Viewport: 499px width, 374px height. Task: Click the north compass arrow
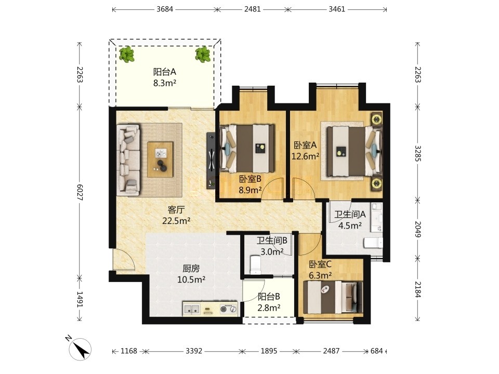[x=81, y=349]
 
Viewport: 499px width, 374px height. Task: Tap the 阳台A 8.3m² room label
[x=165, y=77]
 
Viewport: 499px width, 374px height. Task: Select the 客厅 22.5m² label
[x=176, y=215]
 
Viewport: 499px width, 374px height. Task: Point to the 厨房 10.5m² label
[x=191, y=274]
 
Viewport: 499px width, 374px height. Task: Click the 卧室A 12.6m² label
[x=306, y=151]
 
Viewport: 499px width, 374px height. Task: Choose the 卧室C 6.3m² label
[x=321, y=270]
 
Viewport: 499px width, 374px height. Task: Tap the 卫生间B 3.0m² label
[x=272, y=246]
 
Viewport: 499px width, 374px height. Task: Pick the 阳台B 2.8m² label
[x=269, y=302]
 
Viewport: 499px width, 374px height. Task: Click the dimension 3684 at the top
[x=165, y=9]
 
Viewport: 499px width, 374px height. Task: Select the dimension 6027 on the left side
[x=80, y=192]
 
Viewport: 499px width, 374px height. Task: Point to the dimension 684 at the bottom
[x=376, y=351]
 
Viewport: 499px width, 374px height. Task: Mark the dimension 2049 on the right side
[x=418, y=229]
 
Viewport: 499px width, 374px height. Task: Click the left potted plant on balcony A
[x=127, y=54]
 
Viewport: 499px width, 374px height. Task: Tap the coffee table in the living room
[x=161, y=159]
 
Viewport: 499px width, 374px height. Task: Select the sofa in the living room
[x=128, y=159]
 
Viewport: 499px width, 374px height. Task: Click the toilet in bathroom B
[x=256, y=265]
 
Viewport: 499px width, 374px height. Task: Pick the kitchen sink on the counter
[x=192, y=309]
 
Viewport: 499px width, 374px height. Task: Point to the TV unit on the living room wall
[x=211, y=161]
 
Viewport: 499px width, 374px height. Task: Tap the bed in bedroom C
[x=333, y=297]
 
